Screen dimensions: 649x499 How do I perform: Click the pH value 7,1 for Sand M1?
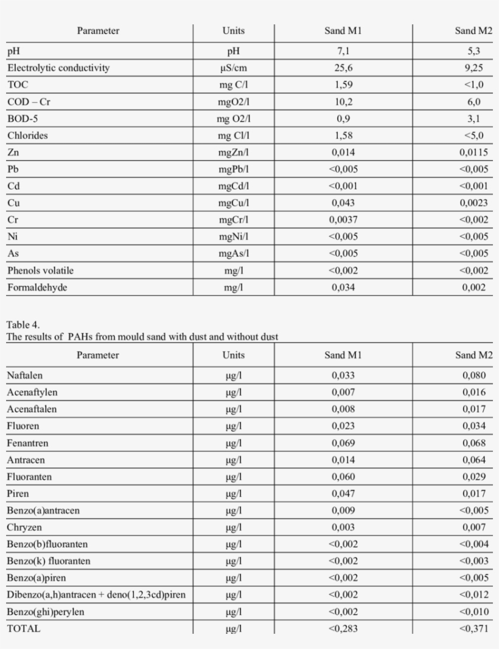coord(343,51)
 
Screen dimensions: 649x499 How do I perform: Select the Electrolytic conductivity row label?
coord(58,68)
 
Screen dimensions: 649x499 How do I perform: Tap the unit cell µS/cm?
coord(234,68)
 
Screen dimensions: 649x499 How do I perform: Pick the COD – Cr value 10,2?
coord(343,102)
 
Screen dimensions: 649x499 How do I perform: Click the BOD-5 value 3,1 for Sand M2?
coord(473,119)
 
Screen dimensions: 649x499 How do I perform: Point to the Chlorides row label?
coord(27,135)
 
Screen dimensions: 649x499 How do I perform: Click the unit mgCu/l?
coord(234,203)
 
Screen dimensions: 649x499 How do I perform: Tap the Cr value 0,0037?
coord(343,220)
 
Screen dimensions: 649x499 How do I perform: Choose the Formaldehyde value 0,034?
coord(343,287)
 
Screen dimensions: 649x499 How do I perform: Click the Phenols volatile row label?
coord(41,270)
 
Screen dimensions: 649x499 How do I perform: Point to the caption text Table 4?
coord(23,325)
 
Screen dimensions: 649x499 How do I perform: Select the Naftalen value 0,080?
coord(473,376)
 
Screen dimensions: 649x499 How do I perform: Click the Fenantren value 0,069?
coord(343,443)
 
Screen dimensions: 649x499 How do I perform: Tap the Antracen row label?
coord(26,460)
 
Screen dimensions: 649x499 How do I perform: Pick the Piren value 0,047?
coord(343,494)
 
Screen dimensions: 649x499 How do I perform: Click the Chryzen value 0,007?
coord(473,527)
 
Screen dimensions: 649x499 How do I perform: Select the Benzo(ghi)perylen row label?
coord(45,612)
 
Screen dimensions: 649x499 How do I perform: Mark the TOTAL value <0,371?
coord(473,628)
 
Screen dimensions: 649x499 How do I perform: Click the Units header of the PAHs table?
coord(234,355)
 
